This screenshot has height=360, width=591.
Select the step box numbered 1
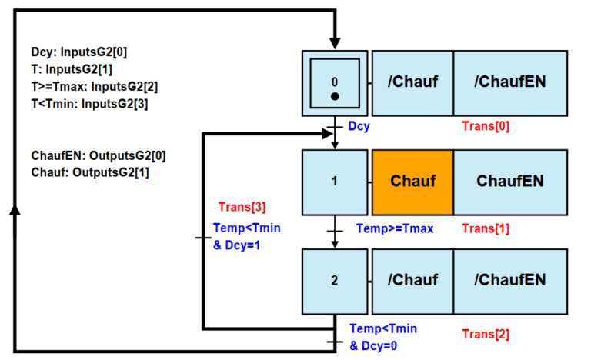(x=334, y=182)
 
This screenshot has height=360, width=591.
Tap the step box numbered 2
(x=334, y=281)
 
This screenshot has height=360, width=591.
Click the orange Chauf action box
(x=412, y=182)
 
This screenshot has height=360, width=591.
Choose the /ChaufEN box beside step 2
(x=510, y=281)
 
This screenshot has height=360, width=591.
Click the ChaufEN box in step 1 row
(x=510, y=182)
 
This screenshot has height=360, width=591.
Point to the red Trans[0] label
(x=485, y=125)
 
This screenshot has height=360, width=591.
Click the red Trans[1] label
(x=485, y=228)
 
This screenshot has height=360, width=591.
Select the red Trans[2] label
(x=485, y=334)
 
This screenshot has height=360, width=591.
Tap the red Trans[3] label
(x=242, y=206)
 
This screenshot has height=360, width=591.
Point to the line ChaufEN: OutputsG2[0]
(x=98, y=155)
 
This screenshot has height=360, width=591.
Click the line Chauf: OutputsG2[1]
(x=90, y=172)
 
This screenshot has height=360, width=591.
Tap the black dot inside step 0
(x=334, y=96)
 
